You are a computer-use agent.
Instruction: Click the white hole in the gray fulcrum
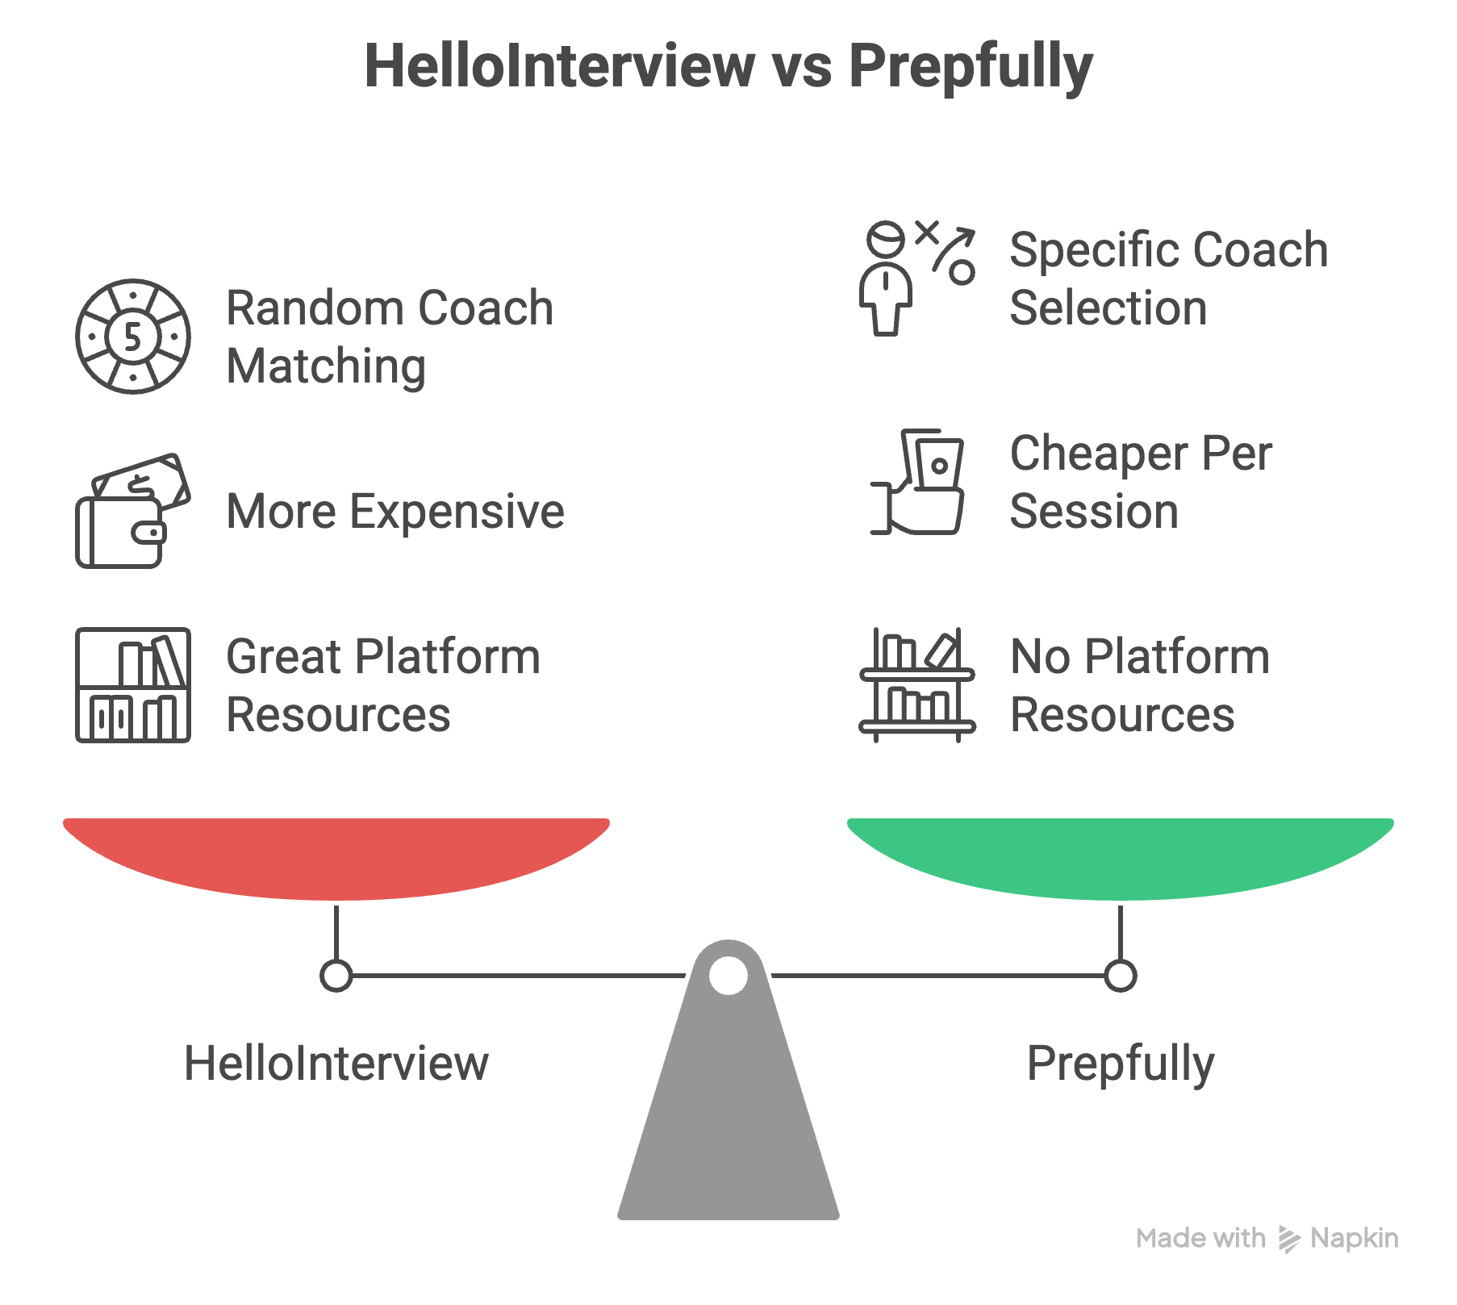[728, 975]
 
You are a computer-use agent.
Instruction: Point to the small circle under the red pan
[336, 975]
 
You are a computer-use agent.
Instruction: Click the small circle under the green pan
[1121, 975]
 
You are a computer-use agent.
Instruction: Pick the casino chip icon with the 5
[133, 337]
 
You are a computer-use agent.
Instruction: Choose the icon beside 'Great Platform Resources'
[133, 685]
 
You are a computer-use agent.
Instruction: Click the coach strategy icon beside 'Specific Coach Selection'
[917, 278]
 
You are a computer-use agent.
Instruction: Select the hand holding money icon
[917, 482]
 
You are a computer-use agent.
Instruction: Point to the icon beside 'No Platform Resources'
[917, 685]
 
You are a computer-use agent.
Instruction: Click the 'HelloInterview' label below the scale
[336, 1063]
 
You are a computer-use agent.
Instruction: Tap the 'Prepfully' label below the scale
[1121, 1063]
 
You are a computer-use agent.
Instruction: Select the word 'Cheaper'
[1100, 454]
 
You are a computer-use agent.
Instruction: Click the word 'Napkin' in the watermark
[1354, 1238]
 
